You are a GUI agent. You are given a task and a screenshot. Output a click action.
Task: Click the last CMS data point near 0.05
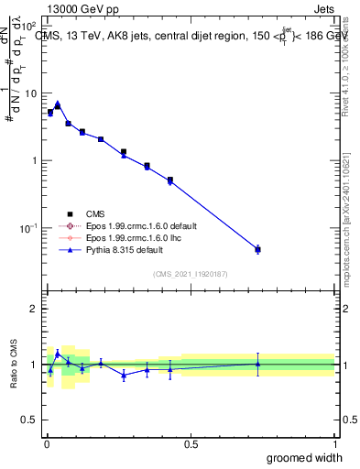(x=257, y=249)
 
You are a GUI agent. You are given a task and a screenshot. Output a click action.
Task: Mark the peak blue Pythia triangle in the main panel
(x=57, y=104)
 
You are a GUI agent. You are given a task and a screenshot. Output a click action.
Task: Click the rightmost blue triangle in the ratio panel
(x=257, y=364)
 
